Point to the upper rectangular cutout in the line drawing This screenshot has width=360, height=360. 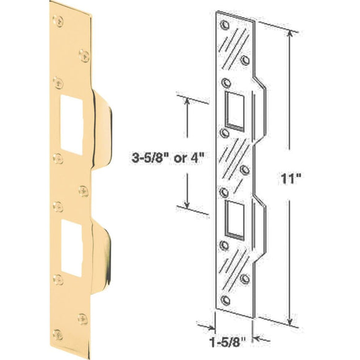pyautogui.click(x=235, y=110)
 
